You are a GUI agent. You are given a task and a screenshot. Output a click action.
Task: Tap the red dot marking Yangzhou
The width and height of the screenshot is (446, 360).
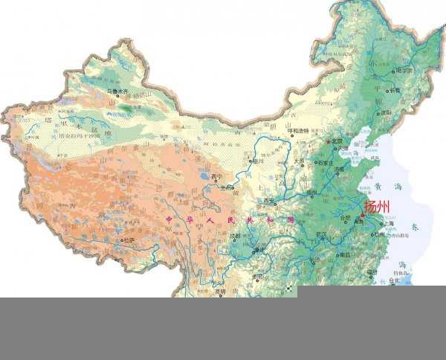coord(363,214)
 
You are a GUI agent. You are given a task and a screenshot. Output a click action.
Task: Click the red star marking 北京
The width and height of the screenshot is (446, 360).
coord(329,140)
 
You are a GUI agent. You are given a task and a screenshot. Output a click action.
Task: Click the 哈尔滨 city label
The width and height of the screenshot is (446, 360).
coord(404,71)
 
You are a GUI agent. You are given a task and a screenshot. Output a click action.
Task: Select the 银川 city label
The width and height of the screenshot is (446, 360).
coord(258,160)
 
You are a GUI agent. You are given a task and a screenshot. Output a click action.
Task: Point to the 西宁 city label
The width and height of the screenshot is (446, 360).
coord(217,177)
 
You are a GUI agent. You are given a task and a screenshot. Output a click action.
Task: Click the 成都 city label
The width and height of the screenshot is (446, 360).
coord(235,236)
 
